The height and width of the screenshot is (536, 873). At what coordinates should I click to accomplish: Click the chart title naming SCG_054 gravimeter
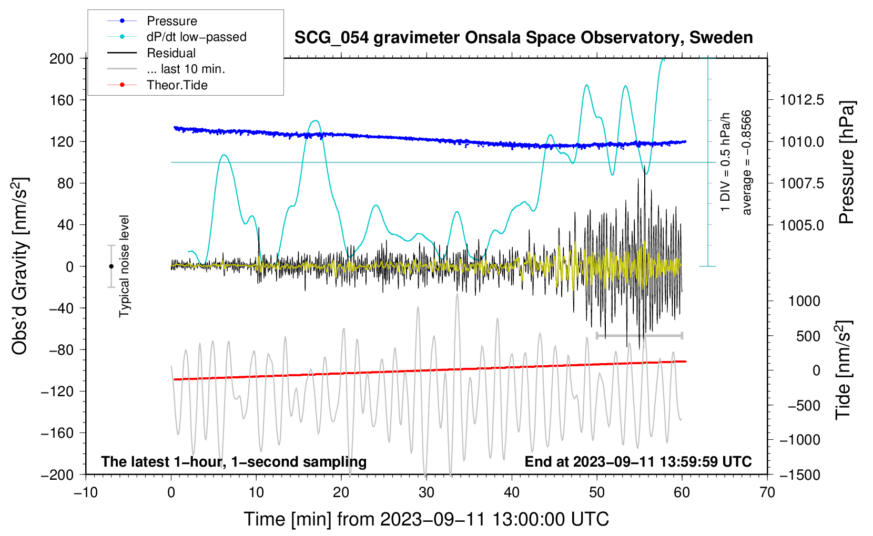523,38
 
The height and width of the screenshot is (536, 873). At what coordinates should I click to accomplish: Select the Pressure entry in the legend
171,21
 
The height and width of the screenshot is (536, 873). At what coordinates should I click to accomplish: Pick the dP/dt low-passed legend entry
196,37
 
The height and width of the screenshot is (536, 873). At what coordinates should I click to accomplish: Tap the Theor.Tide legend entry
177,85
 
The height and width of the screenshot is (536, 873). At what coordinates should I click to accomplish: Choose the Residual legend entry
171,53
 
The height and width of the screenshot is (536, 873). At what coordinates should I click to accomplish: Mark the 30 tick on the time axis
427,492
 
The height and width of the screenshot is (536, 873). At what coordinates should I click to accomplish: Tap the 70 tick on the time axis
767,492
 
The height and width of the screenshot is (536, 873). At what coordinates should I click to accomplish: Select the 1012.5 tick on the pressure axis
801,100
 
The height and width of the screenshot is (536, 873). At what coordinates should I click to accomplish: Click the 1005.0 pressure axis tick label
801,225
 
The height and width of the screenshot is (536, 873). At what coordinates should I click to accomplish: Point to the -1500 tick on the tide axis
799,475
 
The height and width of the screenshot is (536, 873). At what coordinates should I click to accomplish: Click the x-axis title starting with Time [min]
426,519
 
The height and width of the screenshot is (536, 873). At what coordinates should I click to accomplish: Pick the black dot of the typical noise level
111,266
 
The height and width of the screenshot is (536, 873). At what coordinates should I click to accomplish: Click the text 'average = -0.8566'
747,163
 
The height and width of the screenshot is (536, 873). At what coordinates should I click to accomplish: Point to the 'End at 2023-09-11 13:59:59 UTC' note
638,462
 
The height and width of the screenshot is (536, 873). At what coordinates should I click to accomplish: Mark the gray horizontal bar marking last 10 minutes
639,335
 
